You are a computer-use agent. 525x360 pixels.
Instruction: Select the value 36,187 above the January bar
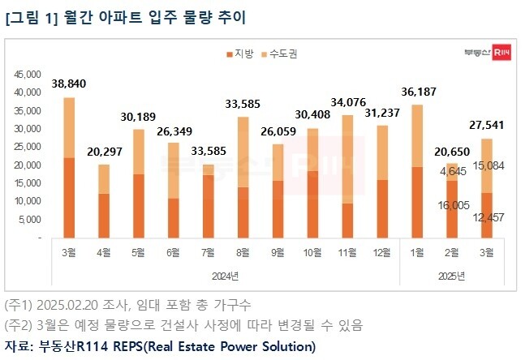tap(417, 92)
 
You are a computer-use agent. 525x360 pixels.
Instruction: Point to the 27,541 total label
tap(487, 126)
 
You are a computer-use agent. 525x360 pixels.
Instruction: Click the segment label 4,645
tap(450, 172)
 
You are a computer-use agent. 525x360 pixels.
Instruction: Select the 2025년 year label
tap(451, 276)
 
